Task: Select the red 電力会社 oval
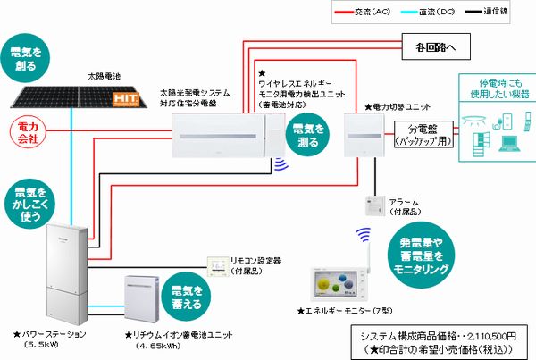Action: click(x=29, y=134)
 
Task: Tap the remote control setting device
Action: click(x=219, y=266)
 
